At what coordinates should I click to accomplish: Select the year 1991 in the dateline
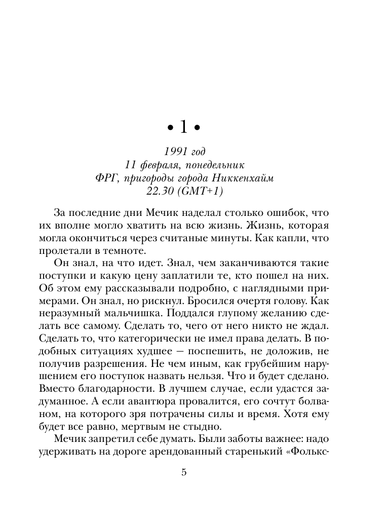click(x=173, y=152)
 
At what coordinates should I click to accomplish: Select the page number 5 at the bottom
click(x=184, y=472)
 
